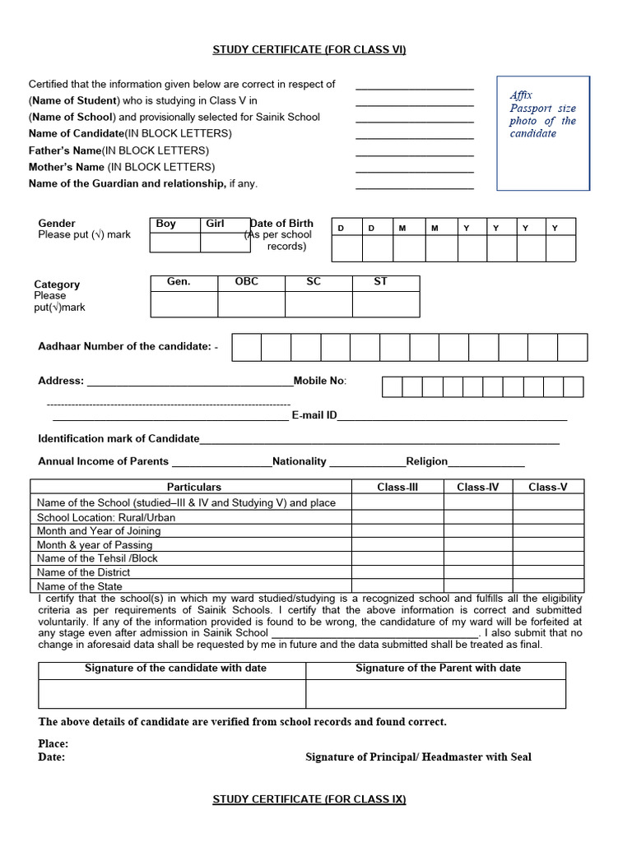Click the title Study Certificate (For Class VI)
coord(309,50)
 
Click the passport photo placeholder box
coord(543,133)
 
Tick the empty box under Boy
coord(175,243)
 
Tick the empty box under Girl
coord(225,243)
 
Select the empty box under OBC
coord(251,304)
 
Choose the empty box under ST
coord(385,304)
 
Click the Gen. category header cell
coord(184,282)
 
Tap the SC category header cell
coord(318,282)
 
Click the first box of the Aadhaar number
coord(246,347)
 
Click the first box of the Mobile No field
coord(392,386)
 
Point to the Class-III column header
coord(397,488)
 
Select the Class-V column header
coord(547,488)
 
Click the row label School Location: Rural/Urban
coord(106,517)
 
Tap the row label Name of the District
coord(84,572)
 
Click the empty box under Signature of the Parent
coord(435,694)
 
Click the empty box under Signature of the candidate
coord(172,694)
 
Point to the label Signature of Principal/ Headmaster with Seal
coord(418,757)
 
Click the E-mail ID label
coord(314,415)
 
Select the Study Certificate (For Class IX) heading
coord(309,799)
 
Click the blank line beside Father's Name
coord(414,155)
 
